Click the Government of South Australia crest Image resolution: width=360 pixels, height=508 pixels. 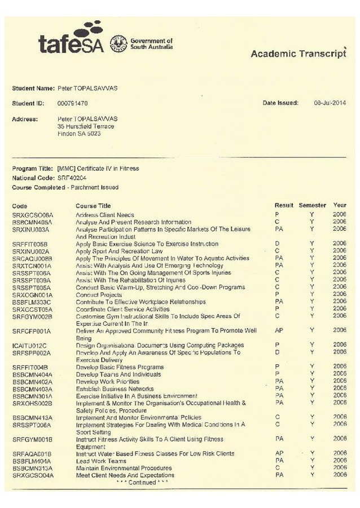click(118, 43)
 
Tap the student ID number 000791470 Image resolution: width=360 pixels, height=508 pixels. click(73, 104)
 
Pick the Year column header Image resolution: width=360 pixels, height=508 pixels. click(340, 205)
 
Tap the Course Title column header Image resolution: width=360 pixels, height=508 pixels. click(93, 206)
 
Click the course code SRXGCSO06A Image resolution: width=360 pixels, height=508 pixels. click(32, 215)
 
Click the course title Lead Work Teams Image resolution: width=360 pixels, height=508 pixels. click(101, 461)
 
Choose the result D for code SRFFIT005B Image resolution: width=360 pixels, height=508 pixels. click(277, 244)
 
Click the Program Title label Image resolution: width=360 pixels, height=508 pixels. click(32, 169)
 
